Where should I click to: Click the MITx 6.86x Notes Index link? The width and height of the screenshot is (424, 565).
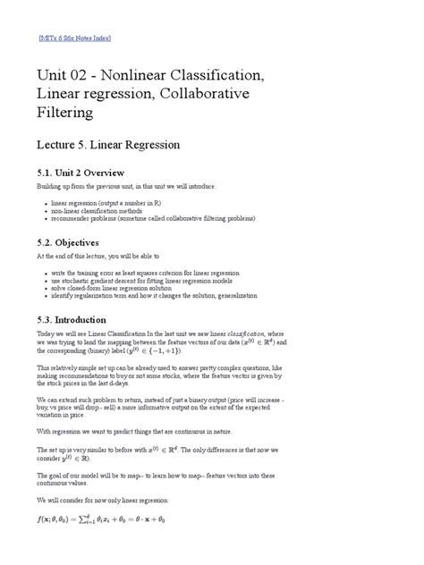click(x=75, y=39)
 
